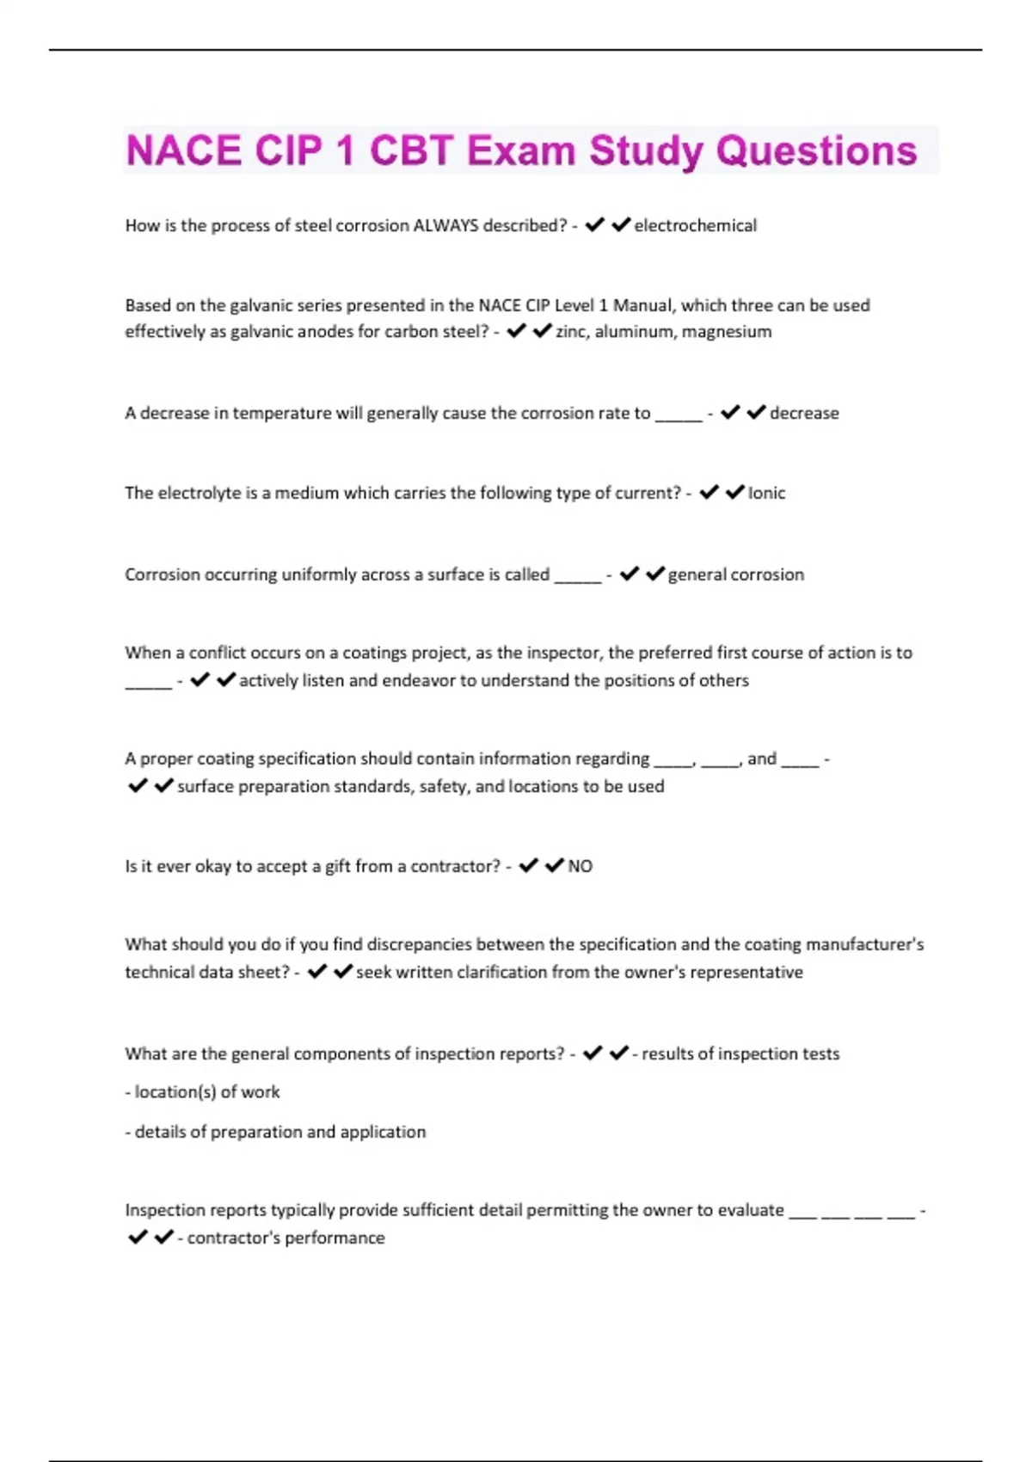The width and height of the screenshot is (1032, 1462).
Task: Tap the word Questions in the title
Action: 816,150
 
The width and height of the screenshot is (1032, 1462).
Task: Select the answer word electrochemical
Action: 696,225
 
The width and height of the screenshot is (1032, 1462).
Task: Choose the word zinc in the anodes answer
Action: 572,332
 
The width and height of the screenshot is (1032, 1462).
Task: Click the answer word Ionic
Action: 766,493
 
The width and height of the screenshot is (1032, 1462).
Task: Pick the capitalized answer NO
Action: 580,866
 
